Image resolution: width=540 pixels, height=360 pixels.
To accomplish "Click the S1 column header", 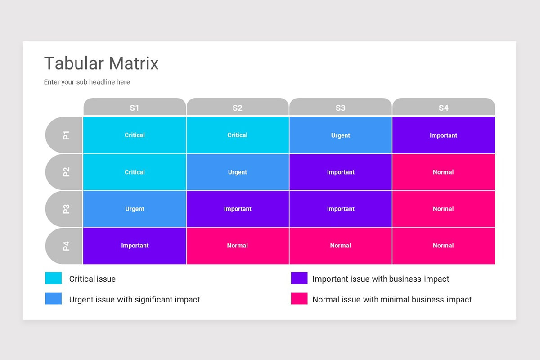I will [135, 108].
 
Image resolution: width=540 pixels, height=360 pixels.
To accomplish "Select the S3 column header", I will [340, 108].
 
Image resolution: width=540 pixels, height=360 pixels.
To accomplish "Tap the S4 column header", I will [443, 108].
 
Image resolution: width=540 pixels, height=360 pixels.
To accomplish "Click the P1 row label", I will [65, 135].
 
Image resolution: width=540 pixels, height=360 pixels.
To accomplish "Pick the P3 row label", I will [65, 209].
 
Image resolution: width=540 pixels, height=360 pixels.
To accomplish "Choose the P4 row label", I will [65, 246].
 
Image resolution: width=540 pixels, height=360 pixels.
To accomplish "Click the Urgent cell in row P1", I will [340, 135].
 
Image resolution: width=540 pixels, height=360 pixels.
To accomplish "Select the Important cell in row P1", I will [443, 135].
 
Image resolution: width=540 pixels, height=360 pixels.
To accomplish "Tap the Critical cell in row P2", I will [135, 172].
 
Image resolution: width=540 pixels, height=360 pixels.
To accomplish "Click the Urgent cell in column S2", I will [237, 172].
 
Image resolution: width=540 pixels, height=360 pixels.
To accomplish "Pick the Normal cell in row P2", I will [443, 172].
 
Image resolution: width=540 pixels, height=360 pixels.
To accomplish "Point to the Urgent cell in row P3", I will [135, 209].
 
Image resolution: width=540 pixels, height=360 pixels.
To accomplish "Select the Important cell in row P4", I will [135, 246].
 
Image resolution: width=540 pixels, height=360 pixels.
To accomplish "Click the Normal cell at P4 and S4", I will [443, 246].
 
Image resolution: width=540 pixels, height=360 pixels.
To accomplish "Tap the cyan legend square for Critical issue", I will [54, 279].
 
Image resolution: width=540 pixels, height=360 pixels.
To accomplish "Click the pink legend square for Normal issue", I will [299, 299].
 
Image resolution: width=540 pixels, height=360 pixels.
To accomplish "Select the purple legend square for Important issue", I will [299, 279].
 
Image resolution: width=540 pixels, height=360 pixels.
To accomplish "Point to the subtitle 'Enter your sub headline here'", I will [87, 82].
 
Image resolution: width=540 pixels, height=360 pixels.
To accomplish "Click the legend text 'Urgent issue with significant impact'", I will [135, 299].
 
